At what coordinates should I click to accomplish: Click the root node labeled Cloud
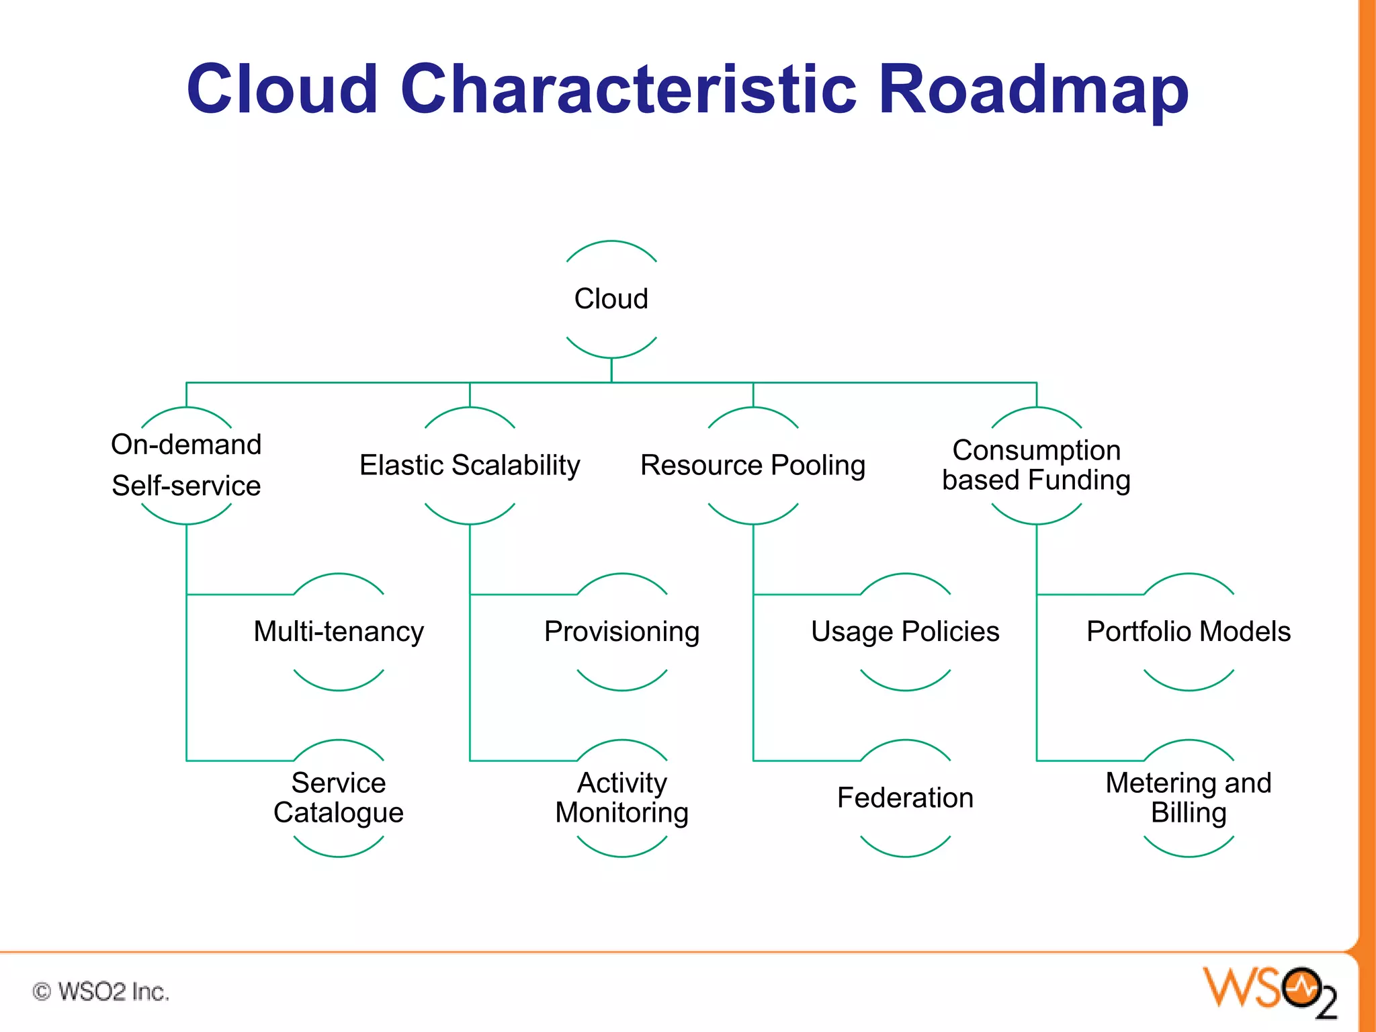click(x=611, y=299)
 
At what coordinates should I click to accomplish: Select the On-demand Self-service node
click(x=186, y=465)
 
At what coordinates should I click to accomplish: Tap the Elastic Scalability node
click(x=470, y=465)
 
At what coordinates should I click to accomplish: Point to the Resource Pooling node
click(x=752, y=465)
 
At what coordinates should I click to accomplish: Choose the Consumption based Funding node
click(x=1036, y=465)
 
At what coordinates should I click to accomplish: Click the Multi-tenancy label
click(x=339, y=632)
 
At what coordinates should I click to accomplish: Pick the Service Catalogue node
click(x=339, y=798)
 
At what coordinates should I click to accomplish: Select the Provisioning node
click(x=621, y=632)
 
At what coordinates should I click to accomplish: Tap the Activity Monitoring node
click(x=621, y=798)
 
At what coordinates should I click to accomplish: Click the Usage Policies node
click(x=905, y=632)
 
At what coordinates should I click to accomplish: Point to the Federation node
click(x=905, y=798)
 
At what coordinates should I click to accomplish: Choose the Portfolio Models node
click(x=1188, y=632)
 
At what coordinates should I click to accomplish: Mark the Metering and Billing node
click(x=1188, y=798)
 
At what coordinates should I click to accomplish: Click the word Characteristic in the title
click(x=628, y=89)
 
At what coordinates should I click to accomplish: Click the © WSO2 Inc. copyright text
click(x=101, y=992)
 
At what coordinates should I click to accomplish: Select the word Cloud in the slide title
click(x=282, y=89)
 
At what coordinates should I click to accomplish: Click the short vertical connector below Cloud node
click(x=611, y=370)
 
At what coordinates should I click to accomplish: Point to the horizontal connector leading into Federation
click(x=806, y=761)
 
